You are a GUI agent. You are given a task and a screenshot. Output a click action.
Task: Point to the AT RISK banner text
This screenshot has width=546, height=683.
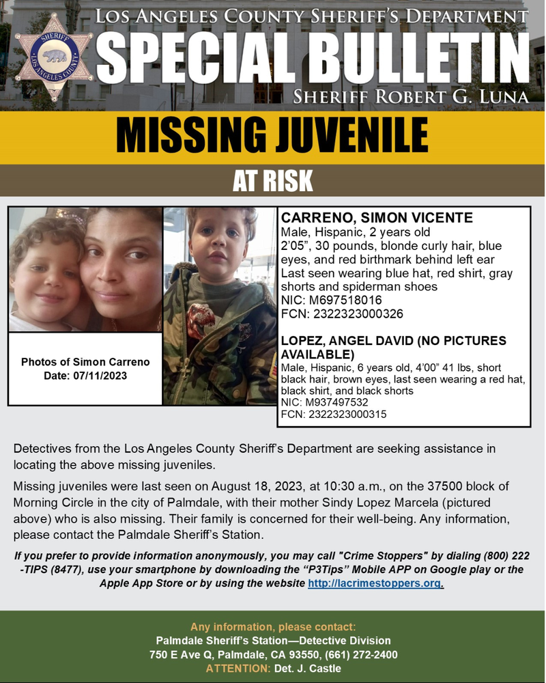tap(272, 181)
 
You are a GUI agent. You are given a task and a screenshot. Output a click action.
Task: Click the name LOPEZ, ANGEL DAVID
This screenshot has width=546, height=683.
tap(345, 341)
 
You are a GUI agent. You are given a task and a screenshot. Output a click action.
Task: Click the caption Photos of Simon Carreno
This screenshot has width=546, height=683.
tap(85, 361)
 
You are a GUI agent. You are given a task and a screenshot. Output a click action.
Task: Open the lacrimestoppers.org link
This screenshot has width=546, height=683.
tap(375, 583)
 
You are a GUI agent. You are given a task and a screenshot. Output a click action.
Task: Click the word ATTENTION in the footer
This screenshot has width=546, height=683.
tap(238, 669)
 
